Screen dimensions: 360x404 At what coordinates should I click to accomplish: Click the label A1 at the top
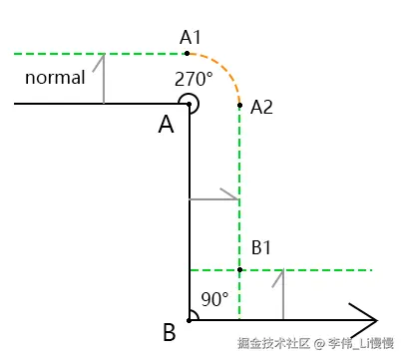[x=192, y=37]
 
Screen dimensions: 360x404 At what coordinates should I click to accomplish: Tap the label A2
[x=262, y=107]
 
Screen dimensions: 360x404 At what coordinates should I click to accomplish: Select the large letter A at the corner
[x=166, y=125]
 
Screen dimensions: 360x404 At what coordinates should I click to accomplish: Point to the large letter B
[x=169, y=331]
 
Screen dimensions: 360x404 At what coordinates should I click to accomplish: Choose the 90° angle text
[x=215, y=299]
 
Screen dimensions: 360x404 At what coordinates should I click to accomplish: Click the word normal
[x=55, y=78]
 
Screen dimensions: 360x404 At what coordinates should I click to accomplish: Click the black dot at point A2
[x=239, y=103]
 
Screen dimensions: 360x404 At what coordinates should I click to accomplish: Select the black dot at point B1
[x=239, y=269]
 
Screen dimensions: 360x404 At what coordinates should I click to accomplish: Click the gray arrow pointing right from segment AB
[x=214, y=199]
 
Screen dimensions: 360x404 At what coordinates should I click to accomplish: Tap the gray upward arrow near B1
[x=285, y=292]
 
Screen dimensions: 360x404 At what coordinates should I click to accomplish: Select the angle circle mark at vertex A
[x=190, y=103]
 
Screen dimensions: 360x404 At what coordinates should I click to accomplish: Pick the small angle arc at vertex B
[x=195, y=315]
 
